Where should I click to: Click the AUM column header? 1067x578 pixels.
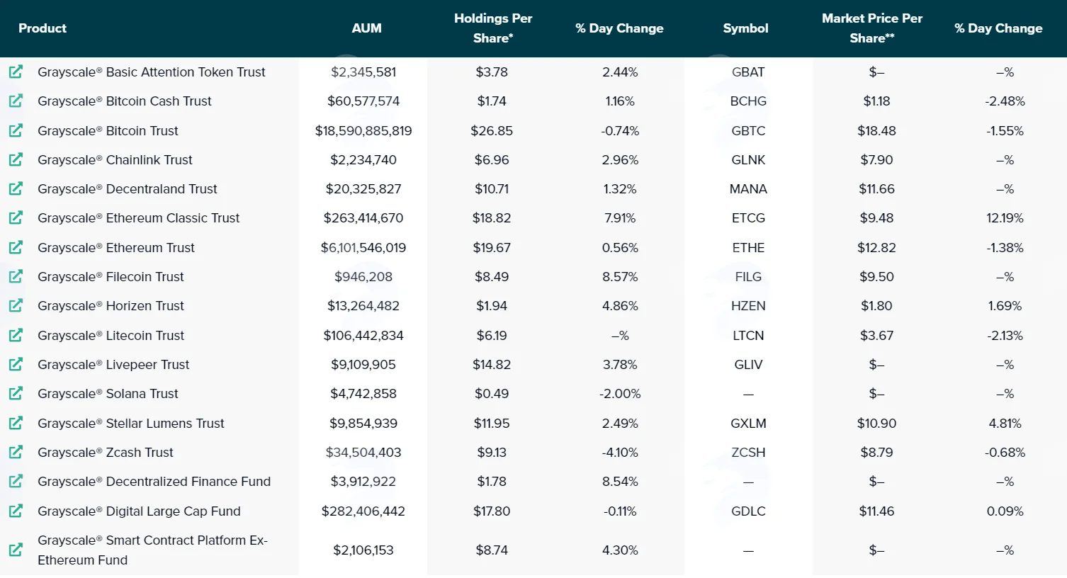pyautogui.click(x=366, y=28)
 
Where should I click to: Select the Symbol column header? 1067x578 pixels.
pyautogui.click(x=745, y=28)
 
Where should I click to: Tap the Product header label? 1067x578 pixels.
pyautogui.click(x=43, y=28)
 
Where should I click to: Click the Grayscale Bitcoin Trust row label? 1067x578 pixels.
pyautogui.click(x=108, y=130)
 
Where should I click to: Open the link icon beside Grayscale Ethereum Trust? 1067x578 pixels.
pyautogui.click(x=16, y=248)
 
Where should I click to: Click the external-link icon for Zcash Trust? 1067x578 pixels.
pyautogui.click(x=16, y=453)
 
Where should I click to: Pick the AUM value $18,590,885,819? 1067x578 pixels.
pyautogui.click(x=363, y=130)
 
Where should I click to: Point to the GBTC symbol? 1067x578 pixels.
pyautogui.click(x=748, y=130)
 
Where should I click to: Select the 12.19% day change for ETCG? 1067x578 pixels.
pyautogui.click(x=1005, y=218)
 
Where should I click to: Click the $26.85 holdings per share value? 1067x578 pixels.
pyautogui.click(x=492, y=130)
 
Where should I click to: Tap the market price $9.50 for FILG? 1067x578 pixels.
pyautogui.click(x=876, y=277)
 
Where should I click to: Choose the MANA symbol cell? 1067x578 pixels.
pyautogui.click(x=748, y=189)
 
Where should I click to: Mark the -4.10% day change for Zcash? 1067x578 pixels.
pyautogui.click(x=620, y=453)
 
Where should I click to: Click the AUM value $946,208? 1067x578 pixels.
pyautogui.click(x=363, y=277)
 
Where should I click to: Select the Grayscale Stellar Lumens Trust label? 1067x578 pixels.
pyautogui.click(x=130, y=424)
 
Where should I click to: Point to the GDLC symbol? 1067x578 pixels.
pyautogui.click(x=748, y=511)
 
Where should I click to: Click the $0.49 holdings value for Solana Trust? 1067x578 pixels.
pyautogui.click(x=492, y=394)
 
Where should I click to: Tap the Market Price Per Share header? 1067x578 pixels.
pyautogui.click(x=872, y=28)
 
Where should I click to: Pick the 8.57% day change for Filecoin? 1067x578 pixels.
pyautogui.click(x=620, y=277)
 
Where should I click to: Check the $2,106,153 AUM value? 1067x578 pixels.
pyautogui.click(x=363, y=550)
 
